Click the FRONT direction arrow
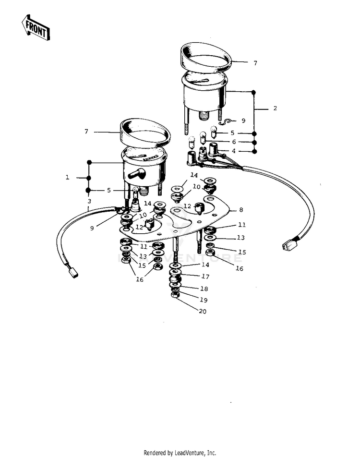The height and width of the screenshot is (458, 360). point(36,27)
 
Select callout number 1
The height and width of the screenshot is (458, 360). point(68,177)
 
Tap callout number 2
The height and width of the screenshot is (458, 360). point(275,108)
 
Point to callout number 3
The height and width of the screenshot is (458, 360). point(89,201)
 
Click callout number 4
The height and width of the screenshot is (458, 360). point(234,151)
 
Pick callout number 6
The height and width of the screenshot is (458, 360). point(234,142)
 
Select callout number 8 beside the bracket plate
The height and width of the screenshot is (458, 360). point(241,210)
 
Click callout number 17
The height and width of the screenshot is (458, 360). point(205,277)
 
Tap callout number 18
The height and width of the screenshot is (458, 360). point(204,289)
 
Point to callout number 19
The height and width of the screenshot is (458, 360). point(204,300)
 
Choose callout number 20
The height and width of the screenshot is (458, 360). point(203,312)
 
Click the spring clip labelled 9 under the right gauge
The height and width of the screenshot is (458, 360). point(227,121)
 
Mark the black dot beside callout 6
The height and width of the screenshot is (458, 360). point(254,143)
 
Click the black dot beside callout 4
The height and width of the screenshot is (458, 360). point(254,152)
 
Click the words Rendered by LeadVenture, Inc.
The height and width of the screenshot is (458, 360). point(180,453)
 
